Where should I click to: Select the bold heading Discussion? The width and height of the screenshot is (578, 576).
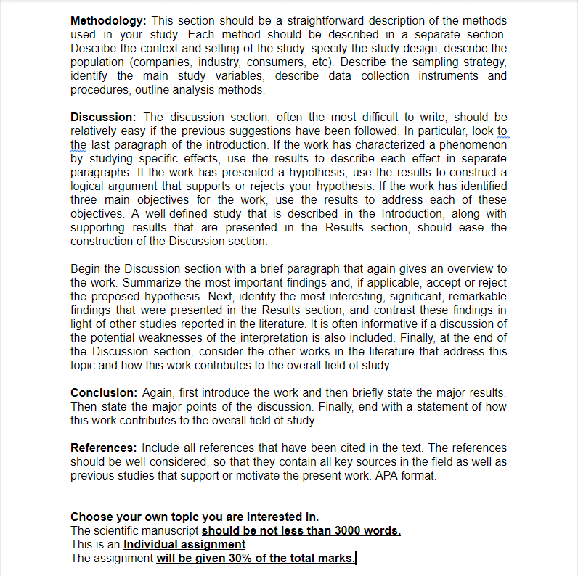[x=103, y=117]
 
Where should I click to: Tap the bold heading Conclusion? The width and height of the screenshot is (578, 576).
[x=103, y=392]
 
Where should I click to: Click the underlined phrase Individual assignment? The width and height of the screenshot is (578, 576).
[x=184, y=544]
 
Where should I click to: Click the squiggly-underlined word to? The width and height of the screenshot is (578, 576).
[x=502, y=131]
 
